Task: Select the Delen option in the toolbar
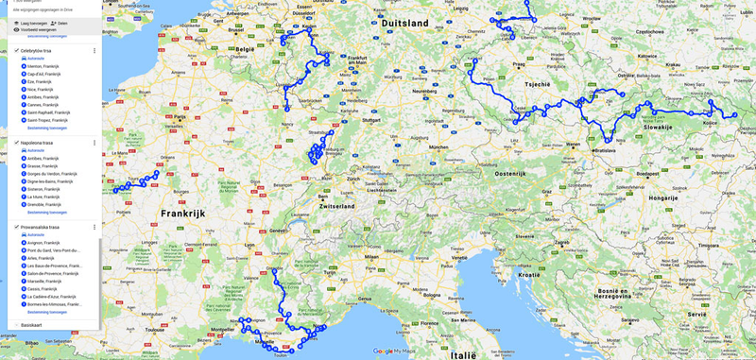pyautogui.click(x=60, y=23)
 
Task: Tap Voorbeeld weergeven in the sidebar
pyautogui.click(x=37, y=29)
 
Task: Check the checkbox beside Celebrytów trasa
pyautogui.click(x=17, y=50)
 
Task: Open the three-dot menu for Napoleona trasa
pyautogui.click(x=94, y=143)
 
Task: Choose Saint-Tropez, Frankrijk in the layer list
pyautogui.click(x=47, y=120)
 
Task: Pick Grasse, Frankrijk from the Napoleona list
pyautogui.click(x=43, y=165)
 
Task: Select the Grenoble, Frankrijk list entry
pyautogui.click(x=45, y=204)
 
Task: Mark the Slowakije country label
pyautogui.click(x=658, y=127)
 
